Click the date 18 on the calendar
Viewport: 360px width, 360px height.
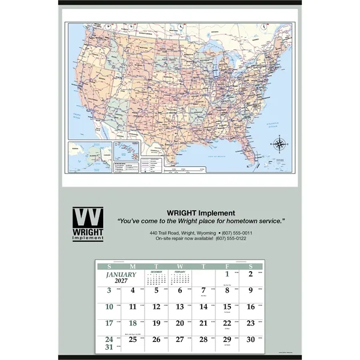point(133,323)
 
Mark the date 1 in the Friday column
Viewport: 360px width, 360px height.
point(228,275)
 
